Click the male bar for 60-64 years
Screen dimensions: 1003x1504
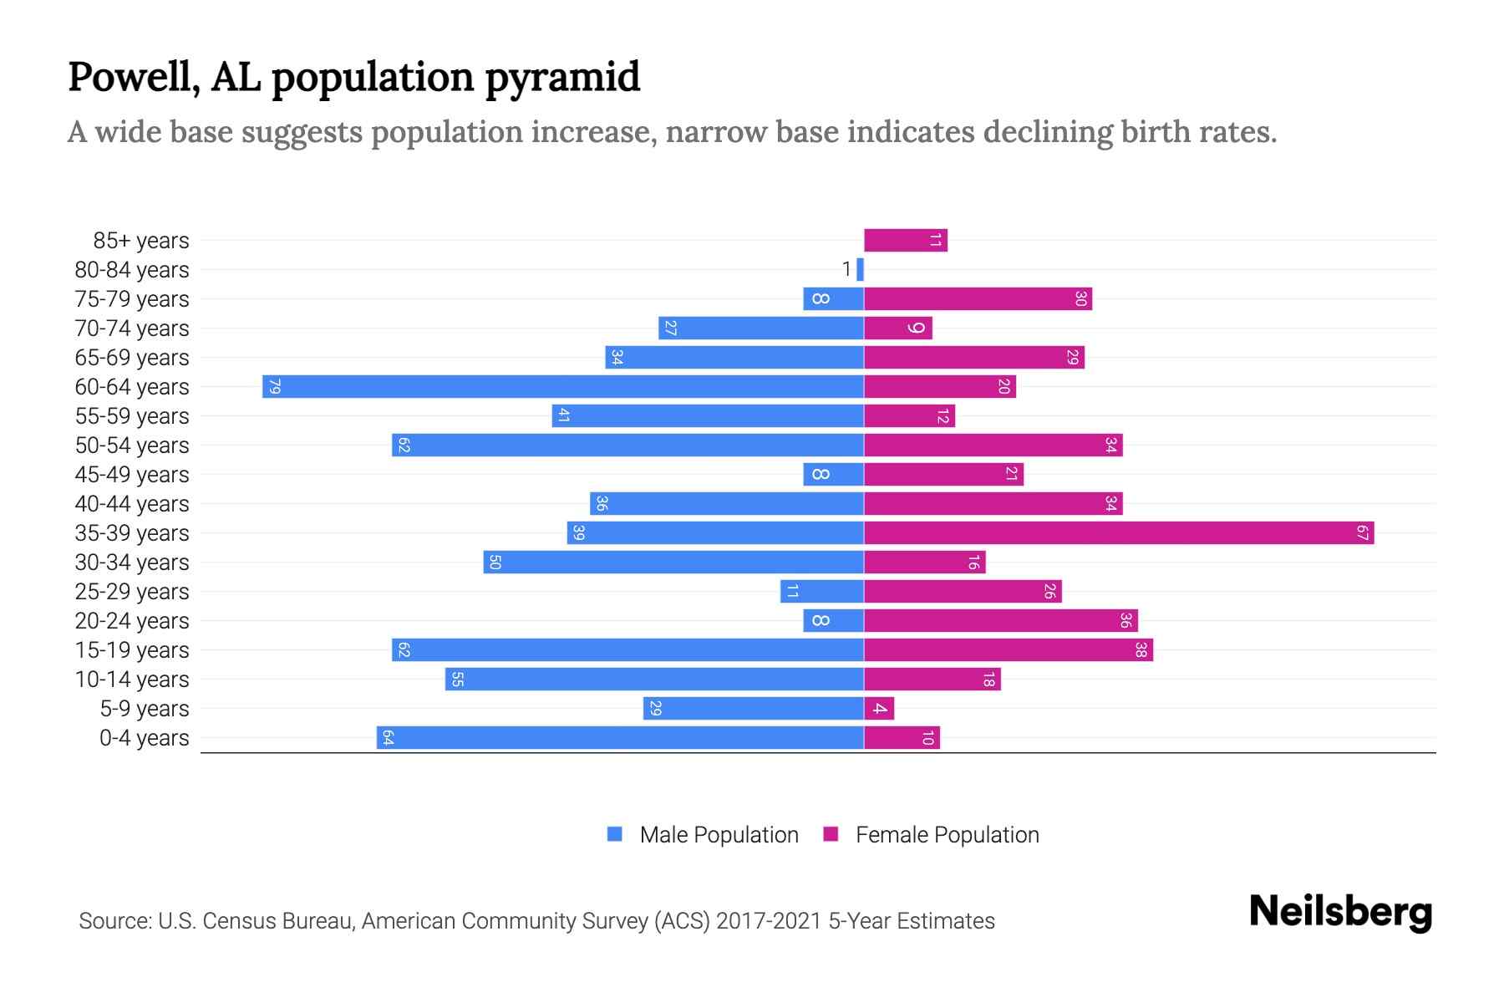point(562,387)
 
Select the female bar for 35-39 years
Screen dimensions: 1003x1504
point(1118,533)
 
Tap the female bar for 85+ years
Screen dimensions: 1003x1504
point(905,241)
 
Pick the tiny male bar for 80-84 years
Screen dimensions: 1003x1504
point(860,270)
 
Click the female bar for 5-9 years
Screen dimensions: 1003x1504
point(879,709)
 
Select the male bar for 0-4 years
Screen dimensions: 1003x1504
point(620,738)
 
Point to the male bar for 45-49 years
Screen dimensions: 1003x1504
point(833,475)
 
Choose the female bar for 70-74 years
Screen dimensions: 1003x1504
point(897,328)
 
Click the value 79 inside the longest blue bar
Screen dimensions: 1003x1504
point(274,387)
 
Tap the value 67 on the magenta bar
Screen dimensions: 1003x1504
point(1362,533)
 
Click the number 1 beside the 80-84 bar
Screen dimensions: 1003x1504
point(846,270)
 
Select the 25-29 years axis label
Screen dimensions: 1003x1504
point(132,592)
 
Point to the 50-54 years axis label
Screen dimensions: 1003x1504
point(132,445)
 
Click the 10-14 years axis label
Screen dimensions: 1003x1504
point(132,680)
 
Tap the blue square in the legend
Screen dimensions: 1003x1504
point(615,834)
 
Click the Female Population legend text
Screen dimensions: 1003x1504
point(947,835)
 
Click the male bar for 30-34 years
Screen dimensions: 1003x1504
point(673,563)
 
